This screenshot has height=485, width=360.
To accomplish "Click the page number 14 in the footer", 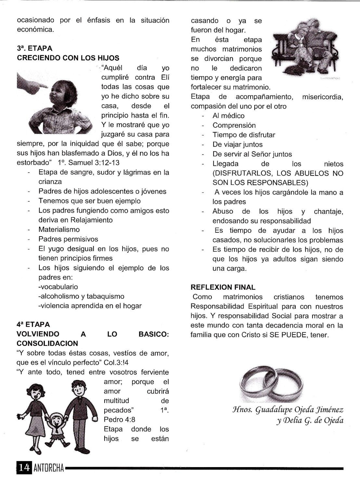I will (24, 468).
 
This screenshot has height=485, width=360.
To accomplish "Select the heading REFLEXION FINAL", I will (223, 287).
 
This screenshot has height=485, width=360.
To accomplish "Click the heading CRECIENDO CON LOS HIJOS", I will (68, 58).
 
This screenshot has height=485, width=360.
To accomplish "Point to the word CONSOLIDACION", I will (47, 344).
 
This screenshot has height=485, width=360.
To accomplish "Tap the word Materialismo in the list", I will (59, 229).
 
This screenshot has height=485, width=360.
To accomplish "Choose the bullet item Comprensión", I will (234, 125).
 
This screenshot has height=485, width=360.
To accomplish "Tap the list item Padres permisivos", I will (68, 239).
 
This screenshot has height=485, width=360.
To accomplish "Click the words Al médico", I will (228, 116).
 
